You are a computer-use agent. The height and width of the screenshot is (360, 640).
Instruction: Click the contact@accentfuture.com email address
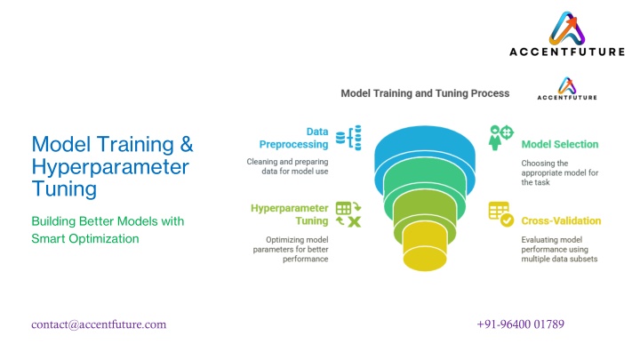click(99, 324)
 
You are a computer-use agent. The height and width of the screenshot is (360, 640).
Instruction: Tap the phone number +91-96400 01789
click(520, 324)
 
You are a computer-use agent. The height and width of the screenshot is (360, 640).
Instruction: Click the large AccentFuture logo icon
click(567, 28)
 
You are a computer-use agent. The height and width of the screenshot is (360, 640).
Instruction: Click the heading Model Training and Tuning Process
click(425, 93)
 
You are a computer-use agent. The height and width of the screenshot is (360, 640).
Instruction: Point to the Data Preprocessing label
click(293, 138)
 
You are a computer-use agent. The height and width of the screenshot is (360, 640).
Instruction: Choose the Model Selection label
click(560, 145)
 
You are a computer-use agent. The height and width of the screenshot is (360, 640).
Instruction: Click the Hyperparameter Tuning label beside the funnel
click(290, 214)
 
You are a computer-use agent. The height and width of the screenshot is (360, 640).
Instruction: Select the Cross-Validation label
click(561, 220)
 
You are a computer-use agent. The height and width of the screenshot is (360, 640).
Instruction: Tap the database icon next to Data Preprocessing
click(348, 138)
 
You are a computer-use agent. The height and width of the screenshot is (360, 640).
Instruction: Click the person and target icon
click(500, 138)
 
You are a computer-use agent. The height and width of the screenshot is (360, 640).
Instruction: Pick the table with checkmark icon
click(500, 214)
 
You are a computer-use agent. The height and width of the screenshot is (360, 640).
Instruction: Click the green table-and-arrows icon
click(348, 214)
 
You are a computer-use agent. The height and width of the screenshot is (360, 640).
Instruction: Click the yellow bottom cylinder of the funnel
click(425, 249)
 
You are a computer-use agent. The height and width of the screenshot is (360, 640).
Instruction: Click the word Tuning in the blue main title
click(64, 189)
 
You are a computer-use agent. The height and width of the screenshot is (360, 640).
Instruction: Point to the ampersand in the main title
click(186, 144)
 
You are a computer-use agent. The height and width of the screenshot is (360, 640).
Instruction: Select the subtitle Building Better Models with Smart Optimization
click(108, 230)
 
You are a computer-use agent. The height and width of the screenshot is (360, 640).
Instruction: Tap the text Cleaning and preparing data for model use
click(287, 166)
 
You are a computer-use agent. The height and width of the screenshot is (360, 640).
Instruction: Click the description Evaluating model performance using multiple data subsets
click(559, 249)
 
